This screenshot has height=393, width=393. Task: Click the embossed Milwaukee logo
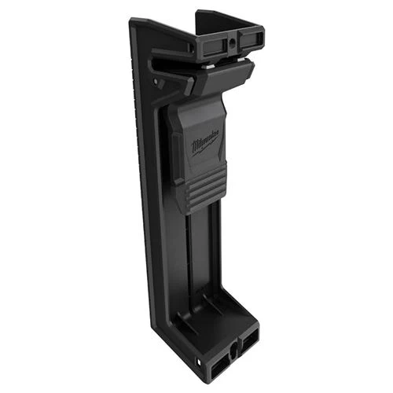tap(206, 144)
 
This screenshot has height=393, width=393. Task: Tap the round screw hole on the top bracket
tap(233, 41)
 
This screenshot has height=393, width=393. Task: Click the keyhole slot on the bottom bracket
tap(233, 348)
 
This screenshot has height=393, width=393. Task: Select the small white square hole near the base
tap(200, 362)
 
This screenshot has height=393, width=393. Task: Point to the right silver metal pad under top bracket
tap(241, 60)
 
